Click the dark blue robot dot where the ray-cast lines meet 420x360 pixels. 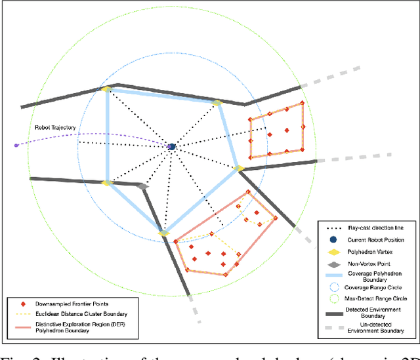click(171, 147)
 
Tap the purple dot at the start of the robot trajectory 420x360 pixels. click(16, 145)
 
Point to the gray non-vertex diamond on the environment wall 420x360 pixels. click(144, 187)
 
